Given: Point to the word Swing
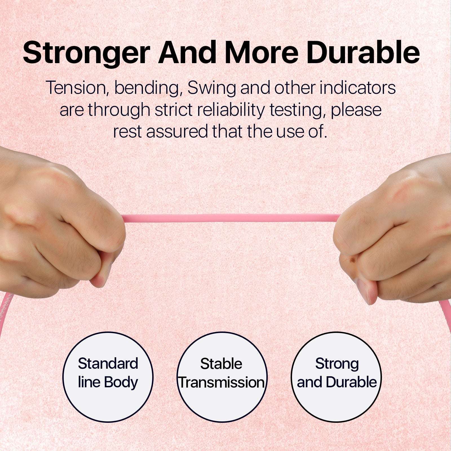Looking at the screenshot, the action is point(211,89).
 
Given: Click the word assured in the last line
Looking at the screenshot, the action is point(177,131).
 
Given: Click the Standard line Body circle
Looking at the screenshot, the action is point(108,377).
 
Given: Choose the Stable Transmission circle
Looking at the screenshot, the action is point(222,377).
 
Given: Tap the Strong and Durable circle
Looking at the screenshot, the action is point(336,377).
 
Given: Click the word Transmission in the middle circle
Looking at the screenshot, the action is point(222,383).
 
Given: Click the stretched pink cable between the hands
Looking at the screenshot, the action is point(231,218).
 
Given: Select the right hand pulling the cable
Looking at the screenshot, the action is point(395,240).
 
